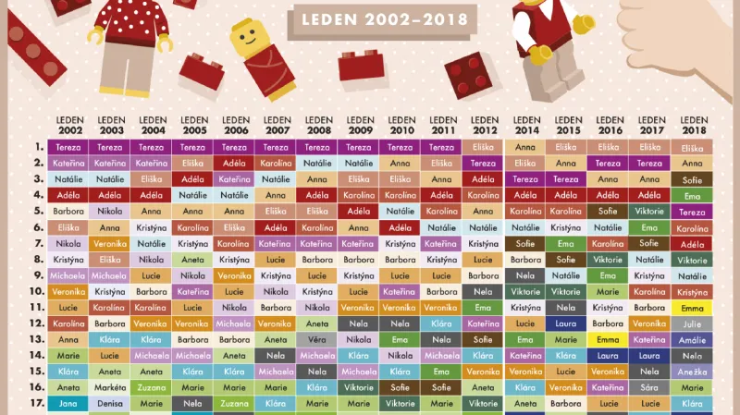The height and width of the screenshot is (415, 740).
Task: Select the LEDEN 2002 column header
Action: pos(69,125)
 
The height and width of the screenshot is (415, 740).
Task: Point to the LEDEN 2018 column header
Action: pos(693,125)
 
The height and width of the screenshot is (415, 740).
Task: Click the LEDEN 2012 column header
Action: pos(485,125)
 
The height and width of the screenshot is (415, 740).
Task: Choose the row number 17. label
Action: pos(37,403)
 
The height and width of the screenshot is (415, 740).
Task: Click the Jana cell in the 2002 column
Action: pos(68,404)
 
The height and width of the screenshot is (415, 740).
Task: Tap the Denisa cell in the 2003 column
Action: pos(110,404)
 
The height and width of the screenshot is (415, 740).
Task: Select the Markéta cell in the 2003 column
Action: pos(110,388)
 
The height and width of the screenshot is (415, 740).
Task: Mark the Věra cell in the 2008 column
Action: pos(317,339)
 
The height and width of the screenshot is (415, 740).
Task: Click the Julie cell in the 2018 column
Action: pos(692,323)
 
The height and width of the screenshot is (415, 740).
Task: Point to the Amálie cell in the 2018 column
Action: pos(692,339)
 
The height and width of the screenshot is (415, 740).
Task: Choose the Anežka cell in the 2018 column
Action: pos(692,372)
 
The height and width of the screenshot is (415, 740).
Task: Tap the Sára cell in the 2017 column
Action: pos(650,388)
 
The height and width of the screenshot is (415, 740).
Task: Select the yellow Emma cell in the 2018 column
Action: pos(692,308)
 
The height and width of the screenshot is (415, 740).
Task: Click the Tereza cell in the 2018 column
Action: pos(692,212)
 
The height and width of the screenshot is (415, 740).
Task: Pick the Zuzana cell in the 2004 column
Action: pos(152,388)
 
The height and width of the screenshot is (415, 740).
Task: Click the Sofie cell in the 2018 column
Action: pos(692,179)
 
